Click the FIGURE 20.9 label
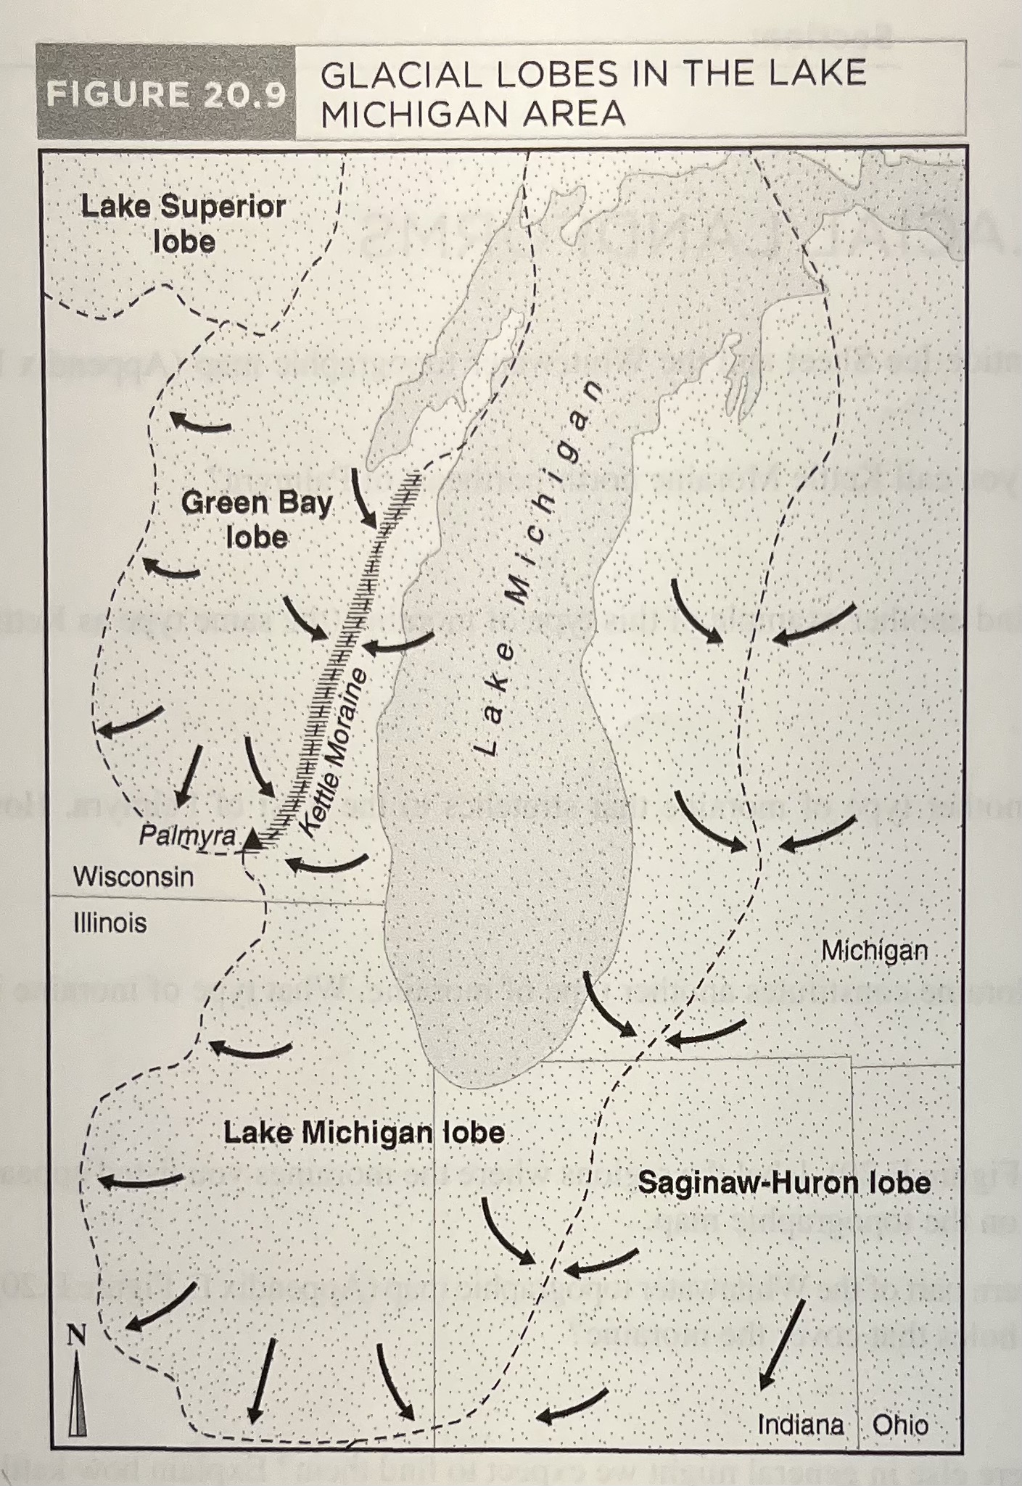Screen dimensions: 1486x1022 [x=166, y=95]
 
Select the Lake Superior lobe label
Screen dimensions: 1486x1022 [x=184, y=223]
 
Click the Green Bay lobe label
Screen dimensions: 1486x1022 [x=257, y=519]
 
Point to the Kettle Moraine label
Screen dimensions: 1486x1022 [x=334, y=754]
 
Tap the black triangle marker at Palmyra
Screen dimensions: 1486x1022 [x=251, y=839]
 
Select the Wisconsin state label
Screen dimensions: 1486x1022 [x=133, y=877]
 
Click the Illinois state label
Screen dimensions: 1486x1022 [x=110, y=922]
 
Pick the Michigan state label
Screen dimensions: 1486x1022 [x=874, y=950]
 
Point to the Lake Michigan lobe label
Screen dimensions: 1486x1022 [x=363, y=1133]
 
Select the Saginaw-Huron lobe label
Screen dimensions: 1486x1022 [x=784, y=1184]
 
